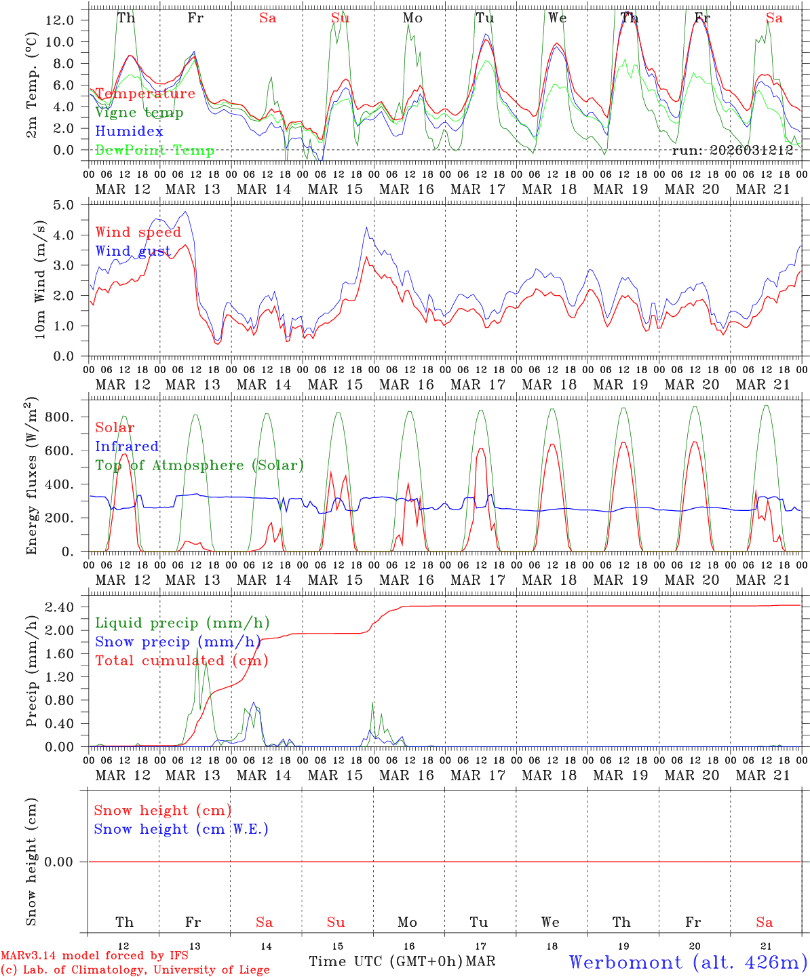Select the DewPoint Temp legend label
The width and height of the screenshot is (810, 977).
point(155,151)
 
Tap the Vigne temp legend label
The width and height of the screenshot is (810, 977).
point(139,113)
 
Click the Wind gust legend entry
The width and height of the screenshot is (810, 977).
point(133,251)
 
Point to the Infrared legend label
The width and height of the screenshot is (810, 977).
point(127,446)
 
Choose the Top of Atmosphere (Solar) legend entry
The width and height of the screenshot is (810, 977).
point(199,465)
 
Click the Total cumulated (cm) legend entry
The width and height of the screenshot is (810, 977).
point(182,660)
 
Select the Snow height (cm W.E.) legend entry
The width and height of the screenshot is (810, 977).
point(181,829)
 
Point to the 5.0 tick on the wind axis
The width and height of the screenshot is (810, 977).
point(65,205)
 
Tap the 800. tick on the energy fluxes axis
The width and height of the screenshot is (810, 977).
point(59,417)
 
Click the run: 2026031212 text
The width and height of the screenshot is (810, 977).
point(732,151)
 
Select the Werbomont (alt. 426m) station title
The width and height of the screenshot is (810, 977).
point(688,962)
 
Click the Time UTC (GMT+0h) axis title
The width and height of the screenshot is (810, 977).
point(385,961)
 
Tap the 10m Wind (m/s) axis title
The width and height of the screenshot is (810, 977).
point(40,280)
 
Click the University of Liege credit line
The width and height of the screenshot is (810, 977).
point(135,970)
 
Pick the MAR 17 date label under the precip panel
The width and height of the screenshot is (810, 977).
point(478,775)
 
